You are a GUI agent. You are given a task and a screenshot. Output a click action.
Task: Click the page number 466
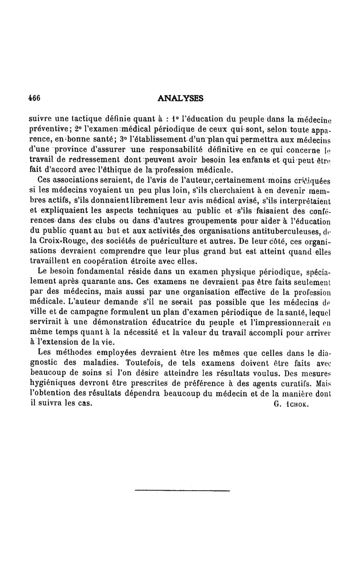tap(35, 98)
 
